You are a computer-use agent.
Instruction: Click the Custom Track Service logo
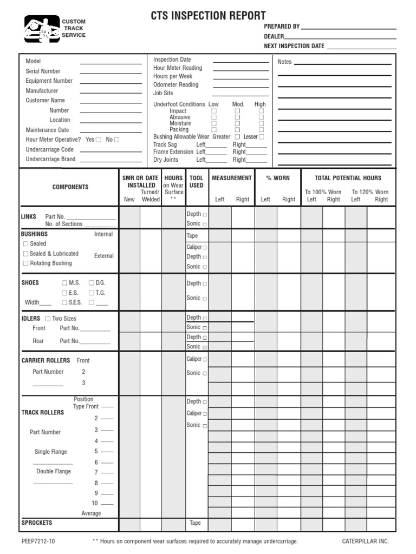tap(42, 29)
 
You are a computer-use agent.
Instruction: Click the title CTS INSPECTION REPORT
tap(208, 16)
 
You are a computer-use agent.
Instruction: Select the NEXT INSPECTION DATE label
tap(294, 46)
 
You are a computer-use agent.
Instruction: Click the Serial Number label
tap(43, 71)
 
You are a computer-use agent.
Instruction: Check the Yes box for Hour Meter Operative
tap(98, 140)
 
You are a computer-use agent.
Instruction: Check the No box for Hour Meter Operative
tap(116, 140)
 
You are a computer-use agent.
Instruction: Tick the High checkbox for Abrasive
tap(261, 117)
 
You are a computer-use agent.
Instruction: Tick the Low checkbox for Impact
tap(213, 110)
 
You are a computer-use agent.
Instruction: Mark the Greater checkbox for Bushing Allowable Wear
tap(237, 137)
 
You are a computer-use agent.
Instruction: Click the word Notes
tap(284, 62)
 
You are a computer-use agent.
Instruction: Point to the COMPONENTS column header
tap(70, 187)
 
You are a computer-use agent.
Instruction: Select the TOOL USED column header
tap(197, 182)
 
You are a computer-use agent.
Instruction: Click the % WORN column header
tap(277, 178)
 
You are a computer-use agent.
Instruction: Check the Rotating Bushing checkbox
tap(25, 263)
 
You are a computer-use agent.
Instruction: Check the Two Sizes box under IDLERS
tap(48, 319)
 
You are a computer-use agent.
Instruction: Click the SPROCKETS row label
tap(37, 523)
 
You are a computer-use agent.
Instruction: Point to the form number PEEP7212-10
tap(38, 542)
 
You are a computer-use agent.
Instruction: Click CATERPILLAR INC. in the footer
tap(365, 542)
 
